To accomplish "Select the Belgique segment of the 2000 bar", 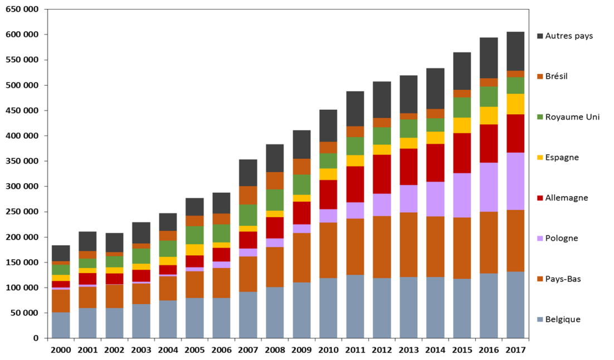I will tap(61, 325).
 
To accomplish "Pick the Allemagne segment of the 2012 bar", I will tap(382, 174).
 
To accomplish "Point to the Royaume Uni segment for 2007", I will tap(248, 215).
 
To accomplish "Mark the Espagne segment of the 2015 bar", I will tap(462, 125).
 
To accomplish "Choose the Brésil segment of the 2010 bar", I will tap(328, 148).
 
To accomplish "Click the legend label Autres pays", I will tap(569, 36).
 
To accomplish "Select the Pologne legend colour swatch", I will tap(540, 239).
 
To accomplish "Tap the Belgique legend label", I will tap(563, 319).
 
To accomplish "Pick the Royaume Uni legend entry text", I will tap(572, 117).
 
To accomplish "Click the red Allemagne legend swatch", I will tap(540, 198).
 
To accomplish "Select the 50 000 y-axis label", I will tap(24, 313).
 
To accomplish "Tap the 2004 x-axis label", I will tap(168, 349).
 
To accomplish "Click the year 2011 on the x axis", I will tap(355, 349).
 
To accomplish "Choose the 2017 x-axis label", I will tap(515, 349).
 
